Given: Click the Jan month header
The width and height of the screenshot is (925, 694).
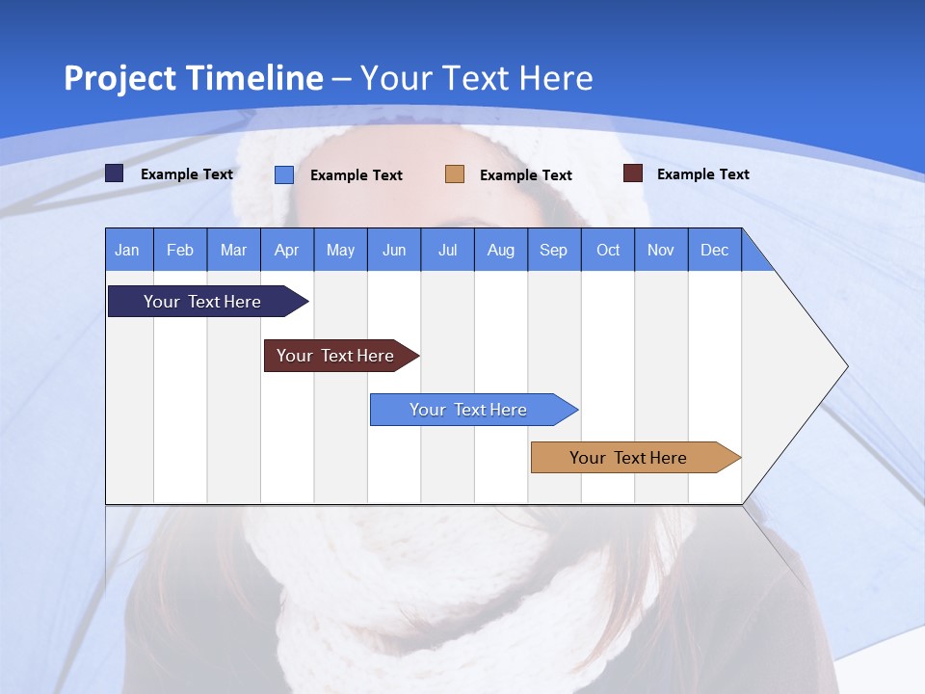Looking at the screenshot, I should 127,250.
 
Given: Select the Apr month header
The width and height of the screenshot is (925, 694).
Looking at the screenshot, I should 286,250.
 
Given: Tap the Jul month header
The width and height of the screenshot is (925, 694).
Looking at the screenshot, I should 447,250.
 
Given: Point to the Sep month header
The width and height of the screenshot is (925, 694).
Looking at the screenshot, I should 553,250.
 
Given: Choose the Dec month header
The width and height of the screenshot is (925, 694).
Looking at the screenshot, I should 714,250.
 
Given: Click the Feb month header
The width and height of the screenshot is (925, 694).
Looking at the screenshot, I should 180,250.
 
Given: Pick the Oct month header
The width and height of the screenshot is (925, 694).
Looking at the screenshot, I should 608,250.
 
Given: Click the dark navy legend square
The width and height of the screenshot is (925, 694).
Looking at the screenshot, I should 115,173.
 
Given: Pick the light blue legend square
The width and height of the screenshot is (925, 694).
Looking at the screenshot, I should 284,174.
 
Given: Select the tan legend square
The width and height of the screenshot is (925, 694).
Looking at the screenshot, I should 455,174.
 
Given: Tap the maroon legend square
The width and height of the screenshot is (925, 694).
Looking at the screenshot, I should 632,173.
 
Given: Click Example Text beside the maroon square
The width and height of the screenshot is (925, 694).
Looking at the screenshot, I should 702,174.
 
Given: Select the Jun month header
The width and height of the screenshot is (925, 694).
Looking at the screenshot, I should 394,250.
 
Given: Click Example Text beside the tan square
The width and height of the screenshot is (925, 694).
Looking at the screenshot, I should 525,175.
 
